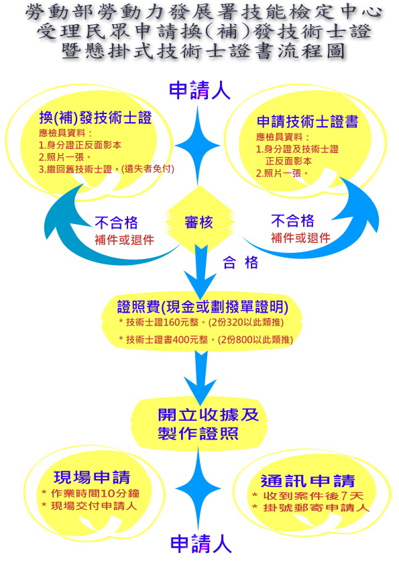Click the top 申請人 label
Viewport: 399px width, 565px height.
[200, 90]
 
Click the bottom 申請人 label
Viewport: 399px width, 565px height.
[201, 544]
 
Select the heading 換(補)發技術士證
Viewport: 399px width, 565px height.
[95, 118]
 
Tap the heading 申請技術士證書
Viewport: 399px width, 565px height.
[308, 121]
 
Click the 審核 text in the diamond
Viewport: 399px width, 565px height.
[198, 222]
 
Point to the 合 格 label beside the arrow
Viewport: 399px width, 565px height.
[241, 262]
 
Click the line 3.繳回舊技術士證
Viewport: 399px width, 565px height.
[107, 169]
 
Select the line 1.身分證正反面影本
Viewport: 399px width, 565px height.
[80, 145]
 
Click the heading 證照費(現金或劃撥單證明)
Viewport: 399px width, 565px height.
[203, 307]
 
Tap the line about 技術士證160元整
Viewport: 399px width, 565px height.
[201, 322]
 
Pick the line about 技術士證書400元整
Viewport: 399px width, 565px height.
[206, 340]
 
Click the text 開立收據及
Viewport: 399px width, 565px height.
[209, 415]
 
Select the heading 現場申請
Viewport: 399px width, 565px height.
[92, 478]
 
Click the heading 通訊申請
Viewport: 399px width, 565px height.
[308, 481]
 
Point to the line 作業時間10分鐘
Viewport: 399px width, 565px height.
[91, 493]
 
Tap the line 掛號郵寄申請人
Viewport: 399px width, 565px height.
[310, 508]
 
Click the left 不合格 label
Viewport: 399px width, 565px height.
[116, 223]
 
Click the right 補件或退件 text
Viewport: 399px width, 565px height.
[300, 238]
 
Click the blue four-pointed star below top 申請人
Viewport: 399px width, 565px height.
[197, 146]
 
